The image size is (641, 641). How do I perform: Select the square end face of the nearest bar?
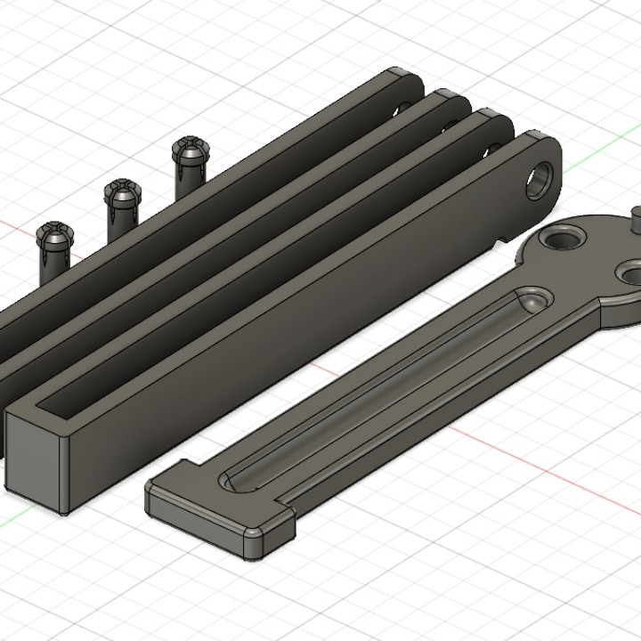[37, 459]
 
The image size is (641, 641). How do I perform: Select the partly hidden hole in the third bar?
[493, 148]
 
